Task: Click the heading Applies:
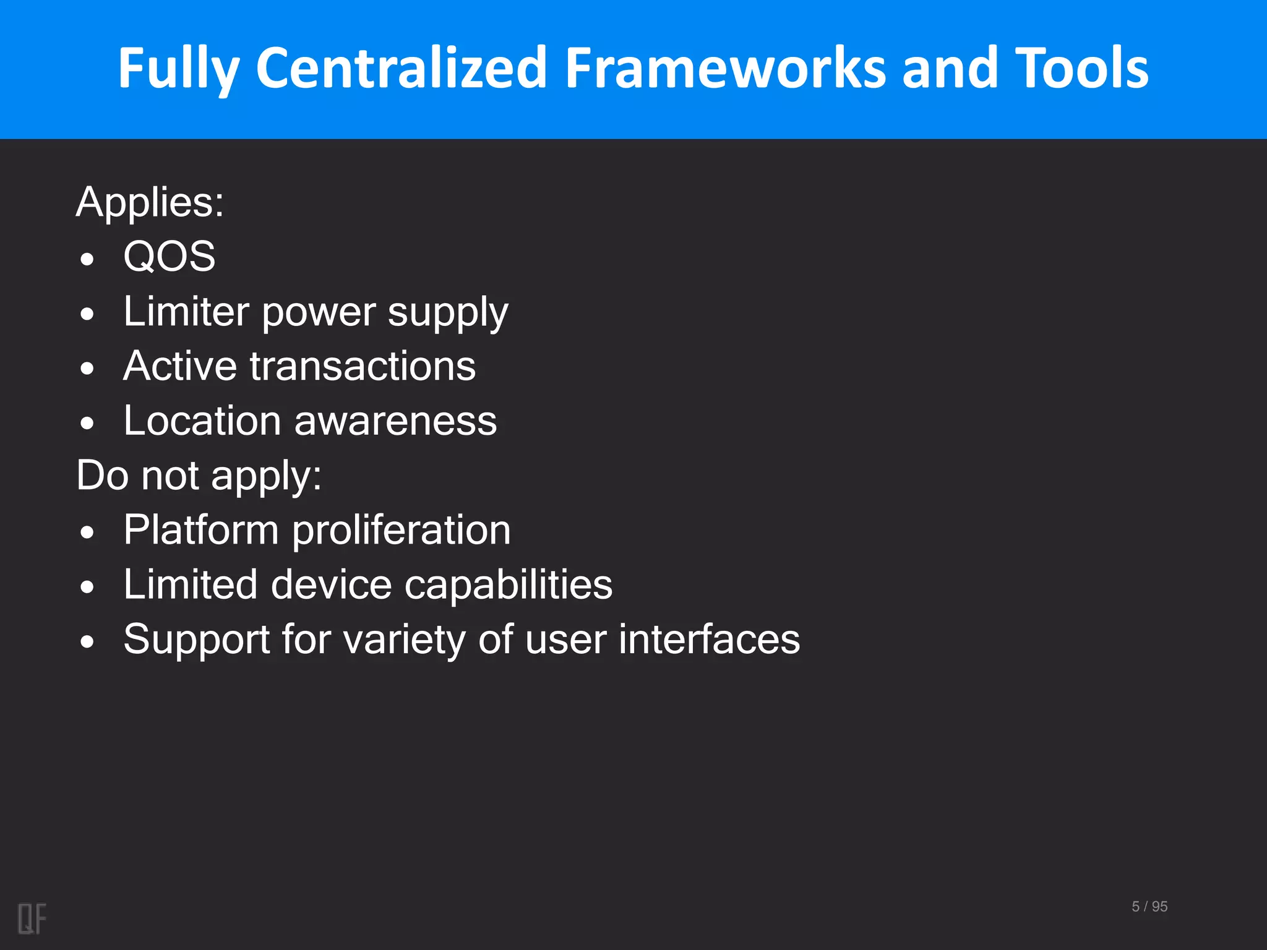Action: click(150, 202)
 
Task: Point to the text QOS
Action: click(170, 256)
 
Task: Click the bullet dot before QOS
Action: click(87, 259)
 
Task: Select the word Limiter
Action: click(186, 311)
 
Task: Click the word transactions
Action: click(363, 366)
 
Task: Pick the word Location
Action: click(202, 421)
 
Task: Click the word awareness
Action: click(395, 422)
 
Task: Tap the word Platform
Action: click(201, 530)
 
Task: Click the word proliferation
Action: click(401, 531)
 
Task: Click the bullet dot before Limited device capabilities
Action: click(87, 587)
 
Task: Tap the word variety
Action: click(404, 640)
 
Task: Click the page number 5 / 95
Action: click(1149, 907)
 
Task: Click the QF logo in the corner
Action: click(32, 918)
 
